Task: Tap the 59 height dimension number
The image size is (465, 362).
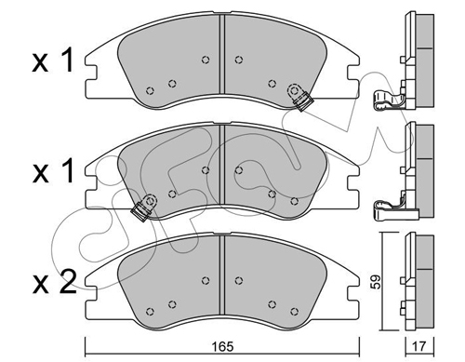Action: pyautogui.click(x=376, y=282)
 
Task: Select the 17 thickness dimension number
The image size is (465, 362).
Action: pyautogui.click(x=419, y=346)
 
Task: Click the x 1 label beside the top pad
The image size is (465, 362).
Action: pyautogui.click(x=53, y=60)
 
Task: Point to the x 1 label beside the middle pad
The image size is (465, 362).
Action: pyautogui.click(x=53, y=170)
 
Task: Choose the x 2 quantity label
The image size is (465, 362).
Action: pyautogui.click(x=54, y=281)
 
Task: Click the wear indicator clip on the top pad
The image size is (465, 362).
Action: pyautogui.click(x=299, y=96)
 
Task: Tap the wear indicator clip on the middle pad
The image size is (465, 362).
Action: pyautogui.click(x=144, y=207)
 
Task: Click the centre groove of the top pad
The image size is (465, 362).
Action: pyautogui.click(x=221, y=54)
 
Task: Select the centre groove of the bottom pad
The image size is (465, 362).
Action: pyautogui.click(x=221, y=275)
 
